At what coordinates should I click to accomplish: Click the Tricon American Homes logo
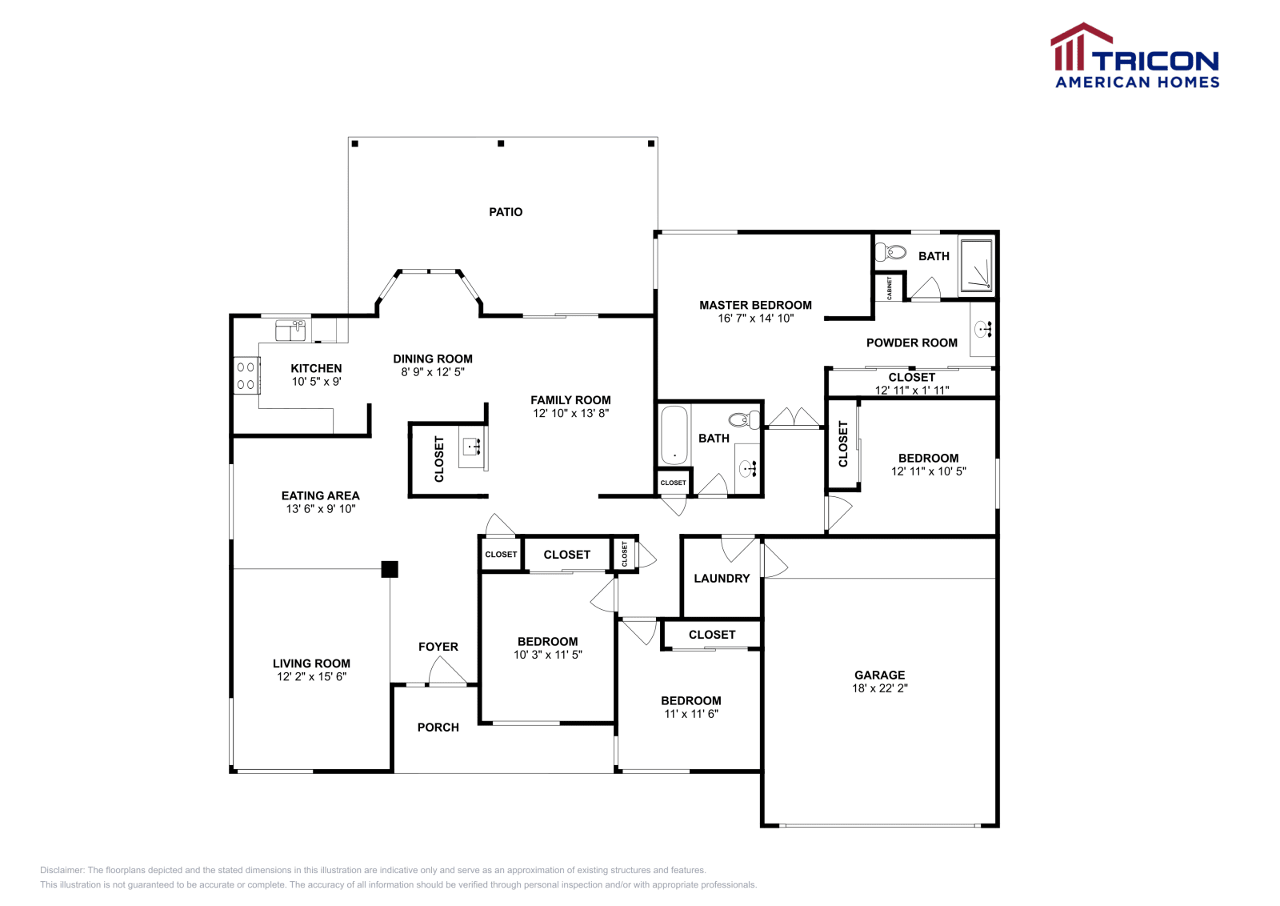pos(1134,56)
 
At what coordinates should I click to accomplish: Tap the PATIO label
pos(506,212)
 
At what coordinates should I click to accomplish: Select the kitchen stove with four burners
pos(246,376)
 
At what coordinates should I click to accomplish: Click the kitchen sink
pos(290,330)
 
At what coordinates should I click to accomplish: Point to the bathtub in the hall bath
pos(674,435)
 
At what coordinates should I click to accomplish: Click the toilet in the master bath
pos(891,252)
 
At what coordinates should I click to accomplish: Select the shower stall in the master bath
pos(975,263)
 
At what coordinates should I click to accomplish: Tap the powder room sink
pos(983,328)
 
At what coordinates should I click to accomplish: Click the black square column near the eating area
pos(390,569)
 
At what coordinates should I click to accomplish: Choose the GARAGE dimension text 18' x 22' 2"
pos(879,688)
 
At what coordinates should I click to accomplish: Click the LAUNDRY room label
pos(722,579)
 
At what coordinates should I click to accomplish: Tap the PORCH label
pos(438,728)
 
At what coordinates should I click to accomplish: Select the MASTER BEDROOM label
pos(755,305)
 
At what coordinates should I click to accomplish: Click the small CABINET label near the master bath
pos(890,287)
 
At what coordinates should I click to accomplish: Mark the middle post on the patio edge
pos(501,144)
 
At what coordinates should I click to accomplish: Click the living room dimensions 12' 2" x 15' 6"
pos(311,677)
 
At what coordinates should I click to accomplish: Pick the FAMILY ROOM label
pos(570,400)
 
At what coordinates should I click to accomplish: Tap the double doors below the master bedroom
pos(794,419)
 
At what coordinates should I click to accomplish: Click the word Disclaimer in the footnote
pos(62,870)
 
